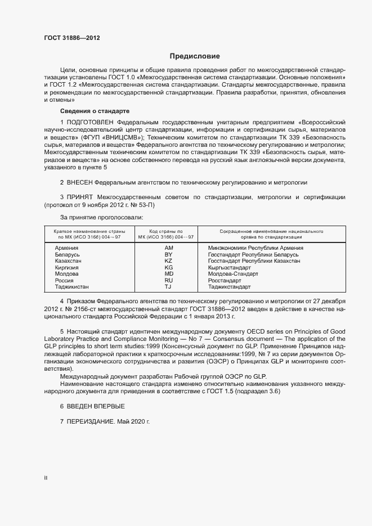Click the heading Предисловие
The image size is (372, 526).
coord(195,56)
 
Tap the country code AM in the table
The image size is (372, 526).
coord(168,248)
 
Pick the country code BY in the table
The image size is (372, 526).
coord(168,254)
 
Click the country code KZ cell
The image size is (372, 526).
coord(168,261)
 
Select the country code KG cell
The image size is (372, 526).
coord(168,268)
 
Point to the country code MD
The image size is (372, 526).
coord(168,274)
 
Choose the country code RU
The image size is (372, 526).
coord(168,280)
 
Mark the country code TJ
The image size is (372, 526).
coord(168,287)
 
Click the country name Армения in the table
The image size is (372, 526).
coord(66,248)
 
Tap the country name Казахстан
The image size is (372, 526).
coord(69,261)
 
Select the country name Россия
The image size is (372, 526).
coord(65,280)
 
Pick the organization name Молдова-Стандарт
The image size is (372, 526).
coord(233,274)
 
